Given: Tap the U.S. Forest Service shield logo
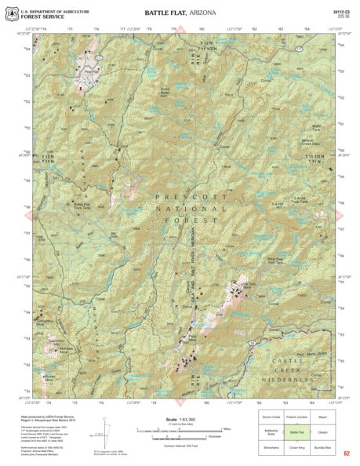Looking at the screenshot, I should coord(9,13).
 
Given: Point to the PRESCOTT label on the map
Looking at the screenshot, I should coord(179,198).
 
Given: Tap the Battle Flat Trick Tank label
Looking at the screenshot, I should coord(82,206).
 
